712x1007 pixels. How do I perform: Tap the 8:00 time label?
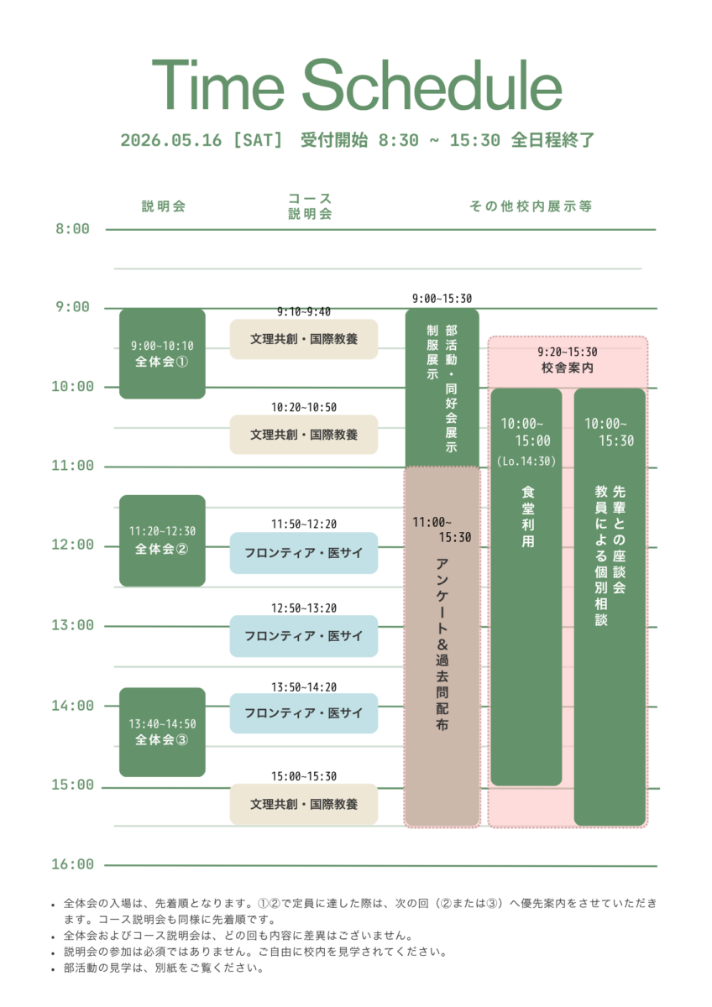tap(72, 229)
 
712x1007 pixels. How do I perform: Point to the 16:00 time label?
tap(72, 864)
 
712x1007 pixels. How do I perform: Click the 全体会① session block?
tap(162, 354)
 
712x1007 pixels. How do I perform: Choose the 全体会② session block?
tap(162, 540)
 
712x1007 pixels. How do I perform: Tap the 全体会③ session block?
tap(162, 732)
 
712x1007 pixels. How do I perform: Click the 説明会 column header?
tap(164, 206)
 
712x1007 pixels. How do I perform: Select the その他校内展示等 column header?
tap(531, 206)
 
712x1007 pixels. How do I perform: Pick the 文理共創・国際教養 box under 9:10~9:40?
tap(304, 340)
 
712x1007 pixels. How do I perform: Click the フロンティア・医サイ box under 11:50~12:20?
tap(304, 553)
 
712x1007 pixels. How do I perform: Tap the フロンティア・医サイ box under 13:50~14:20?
tap(304, 713)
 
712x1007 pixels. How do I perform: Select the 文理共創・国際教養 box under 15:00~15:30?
tap(304, 804)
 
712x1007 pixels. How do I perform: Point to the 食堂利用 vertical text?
tap(526, 516)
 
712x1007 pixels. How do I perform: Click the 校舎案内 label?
tap(568, 368)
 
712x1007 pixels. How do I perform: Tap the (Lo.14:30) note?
tap(526, 461)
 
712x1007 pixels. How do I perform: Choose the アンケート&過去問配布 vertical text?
tap(442, 642)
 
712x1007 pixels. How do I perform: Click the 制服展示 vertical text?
tap(432, 352)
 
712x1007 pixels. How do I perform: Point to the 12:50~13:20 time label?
tap(304, 608)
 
